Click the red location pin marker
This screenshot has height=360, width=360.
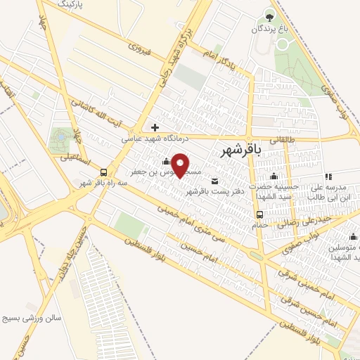(x=181, y=165)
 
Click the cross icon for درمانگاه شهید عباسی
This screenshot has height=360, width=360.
(x=155, y=127)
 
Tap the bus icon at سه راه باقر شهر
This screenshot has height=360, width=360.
(x=103, y=172)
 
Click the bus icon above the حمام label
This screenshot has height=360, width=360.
(x=259, y=214)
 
